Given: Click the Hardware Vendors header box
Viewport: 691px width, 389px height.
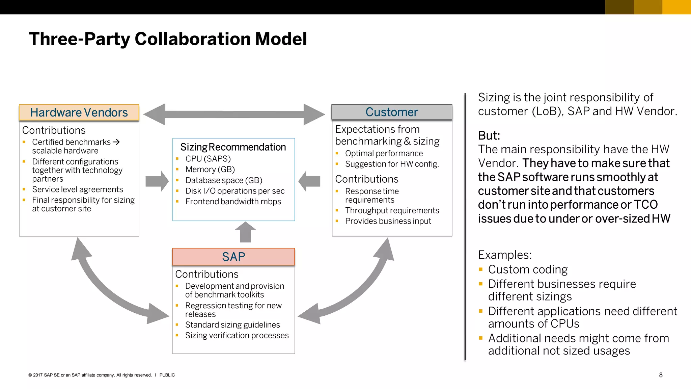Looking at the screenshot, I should tap(79, 112).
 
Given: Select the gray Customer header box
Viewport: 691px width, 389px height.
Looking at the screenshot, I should tap(392, 112).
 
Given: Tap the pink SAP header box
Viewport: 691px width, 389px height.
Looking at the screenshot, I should tap(233, 257).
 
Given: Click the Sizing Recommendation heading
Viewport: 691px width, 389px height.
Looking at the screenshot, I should tap(233, 147).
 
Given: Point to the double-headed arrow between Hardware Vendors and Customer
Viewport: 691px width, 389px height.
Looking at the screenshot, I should tap(234, 114).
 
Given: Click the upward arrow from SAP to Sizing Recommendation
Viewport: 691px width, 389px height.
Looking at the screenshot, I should tap(245, 233).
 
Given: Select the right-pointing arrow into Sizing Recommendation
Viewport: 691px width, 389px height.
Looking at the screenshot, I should tap(157, 181).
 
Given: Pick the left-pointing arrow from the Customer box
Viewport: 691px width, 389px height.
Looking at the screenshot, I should tap(309, 181).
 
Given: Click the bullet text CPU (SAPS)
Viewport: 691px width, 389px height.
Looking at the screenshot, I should tap(208, 159).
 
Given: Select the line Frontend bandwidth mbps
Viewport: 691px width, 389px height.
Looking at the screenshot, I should tap(233, 202).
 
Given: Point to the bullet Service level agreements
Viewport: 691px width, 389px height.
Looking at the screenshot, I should tap(77, 189).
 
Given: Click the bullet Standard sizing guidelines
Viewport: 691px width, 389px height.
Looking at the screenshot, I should tap(232, 325).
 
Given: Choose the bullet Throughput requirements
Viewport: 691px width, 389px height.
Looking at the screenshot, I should tap(392, 210).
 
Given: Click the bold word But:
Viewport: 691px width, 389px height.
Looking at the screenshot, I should tap(489, 135).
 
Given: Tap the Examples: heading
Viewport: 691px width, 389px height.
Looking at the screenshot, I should tap(505, 255).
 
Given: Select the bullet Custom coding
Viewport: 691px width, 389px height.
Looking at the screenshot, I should tap(528, 269).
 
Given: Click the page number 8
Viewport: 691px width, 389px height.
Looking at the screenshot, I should tap(661, 375).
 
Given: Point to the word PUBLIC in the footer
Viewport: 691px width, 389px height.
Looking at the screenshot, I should tap(167, 375).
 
